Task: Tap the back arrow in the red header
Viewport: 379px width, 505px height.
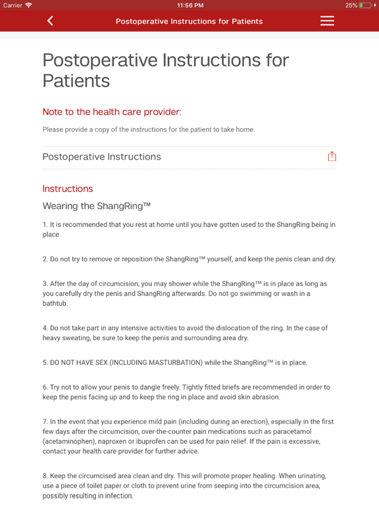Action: [x=50, y=21]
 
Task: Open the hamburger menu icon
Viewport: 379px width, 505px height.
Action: [x=327, y=21]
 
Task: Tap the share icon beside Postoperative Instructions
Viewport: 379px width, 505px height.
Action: [x=332, y=156]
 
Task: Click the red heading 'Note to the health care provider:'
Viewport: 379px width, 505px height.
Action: [x=112, y=112]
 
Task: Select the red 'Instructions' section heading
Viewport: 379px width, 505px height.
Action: [x=68, y=189]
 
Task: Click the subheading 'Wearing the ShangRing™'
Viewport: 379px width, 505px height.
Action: [x=97, y=206]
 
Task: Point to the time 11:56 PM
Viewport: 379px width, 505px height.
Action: [x=190, y=5]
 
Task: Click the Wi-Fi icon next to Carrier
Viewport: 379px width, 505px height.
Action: [x=29, y=5]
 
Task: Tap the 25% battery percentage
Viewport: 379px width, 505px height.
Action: [x=351, y=5]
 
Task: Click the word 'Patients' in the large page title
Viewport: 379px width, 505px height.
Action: [x=76, y=81]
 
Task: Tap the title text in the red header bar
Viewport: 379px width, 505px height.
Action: [x=189, y=21]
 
